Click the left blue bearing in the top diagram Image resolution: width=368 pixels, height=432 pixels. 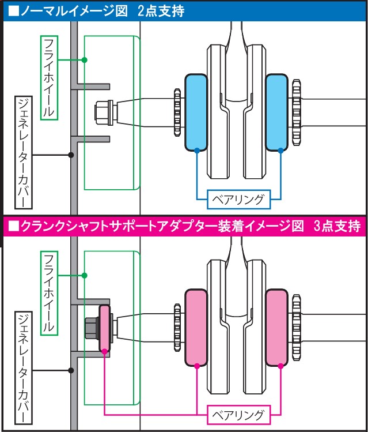196,112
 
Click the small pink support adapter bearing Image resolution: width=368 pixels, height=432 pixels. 104,328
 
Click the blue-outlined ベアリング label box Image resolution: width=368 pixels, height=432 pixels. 237,200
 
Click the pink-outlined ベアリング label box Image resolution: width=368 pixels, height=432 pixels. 237,415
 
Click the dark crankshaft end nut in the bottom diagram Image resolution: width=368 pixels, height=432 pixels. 92,328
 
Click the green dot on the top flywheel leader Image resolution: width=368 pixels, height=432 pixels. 84,60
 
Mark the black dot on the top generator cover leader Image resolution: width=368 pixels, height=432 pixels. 71,155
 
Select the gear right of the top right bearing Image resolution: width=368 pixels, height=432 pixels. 296,112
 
